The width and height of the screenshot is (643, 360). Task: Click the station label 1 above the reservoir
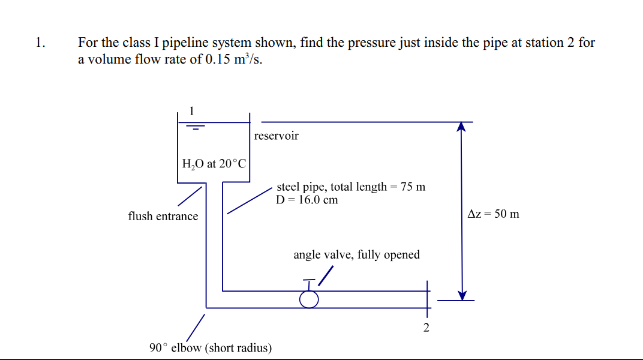[x=191, y=110]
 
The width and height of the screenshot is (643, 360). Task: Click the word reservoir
[x=276, y=136]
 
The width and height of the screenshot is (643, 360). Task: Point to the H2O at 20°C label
[x=214, y=163]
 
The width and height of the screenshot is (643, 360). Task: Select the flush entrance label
[x=163, y=216]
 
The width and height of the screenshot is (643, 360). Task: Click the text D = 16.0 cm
[x=307, y=200]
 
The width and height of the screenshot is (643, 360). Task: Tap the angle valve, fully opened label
[x=356, y=255]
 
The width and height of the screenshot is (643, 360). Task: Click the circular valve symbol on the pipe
[x=309, y=298]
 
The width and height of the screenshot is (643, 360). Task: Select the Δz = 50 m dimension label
[x=493, y=214]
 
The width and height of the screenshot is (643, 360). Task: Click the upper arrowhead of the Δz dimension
[x=461, y=126]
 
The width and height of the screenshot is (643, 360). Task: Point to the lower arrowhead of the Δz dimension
[x=461, y=295]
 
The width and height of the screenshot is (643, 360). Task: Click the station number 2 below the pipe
[x=426, y=328]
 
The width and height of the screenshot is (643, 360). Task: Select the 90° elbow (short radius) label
[x=210, y=348]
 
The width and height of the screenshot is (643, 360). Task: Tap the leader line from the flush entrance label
[x=189, y=196]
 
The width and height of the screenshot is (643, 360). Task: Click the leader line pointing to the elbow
[x=196, y=327]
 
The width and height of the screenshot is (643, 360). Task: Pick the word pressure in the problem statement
[x=354, y=43]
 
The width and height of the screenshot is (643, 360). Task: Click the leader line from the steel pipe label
[x=249, y=200]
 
